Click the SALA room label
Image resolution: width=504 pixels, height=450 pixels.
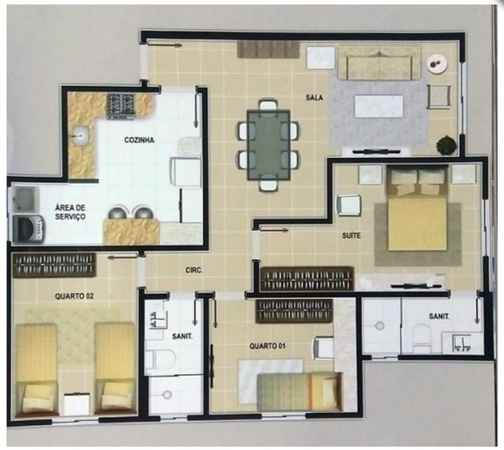315,98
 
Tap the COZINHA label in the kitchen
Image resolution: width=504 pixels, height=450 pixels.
139,140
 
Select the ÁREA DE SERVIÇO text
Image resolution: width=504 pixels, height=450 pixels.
70,212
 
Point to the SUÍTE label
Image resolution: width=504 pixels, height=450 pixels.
351,236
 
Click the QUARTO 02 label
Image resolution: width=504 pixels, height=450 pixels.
74,296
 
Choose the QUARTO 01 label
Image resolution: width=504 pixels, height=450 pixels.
267,347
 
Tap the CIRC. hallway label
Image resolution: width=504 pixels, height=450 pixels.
194,270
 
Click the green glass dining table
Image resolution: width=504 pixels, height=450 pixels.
269,145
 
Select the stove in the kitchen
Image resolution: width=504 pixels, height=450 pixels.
121,106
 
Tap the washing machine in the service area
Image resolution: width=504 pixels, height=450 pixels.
28,229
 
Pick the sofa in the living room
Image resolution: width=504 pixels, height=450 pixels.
379,63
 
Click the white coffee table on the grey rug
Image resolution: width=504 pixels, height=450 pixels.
379,107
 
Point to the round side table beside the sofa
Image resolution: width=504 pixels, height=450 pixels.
437,64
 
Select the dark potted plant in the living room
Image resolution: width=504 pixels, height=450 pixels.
447,144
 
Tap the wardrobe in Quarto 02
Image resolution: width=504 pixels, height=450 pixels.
54,265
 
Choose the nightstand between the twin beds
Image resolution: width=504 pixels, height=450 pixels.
76,403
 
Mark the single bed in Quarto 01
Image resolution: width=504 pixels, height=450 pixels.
300,391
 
